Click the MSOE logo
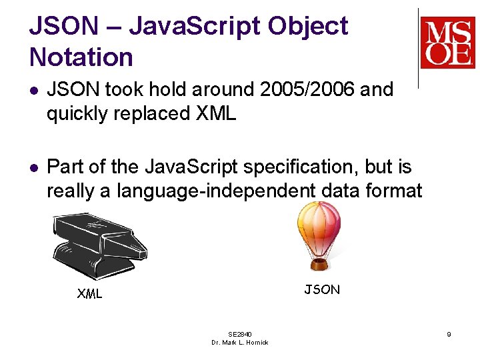coord(447,43)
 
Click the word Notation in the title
coord(81,57)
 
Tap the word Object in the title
coord(308,26)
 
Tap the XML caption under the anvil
coord(89,293)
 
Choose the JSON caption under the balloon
coord(322,289)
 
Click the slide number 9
coord(449,334)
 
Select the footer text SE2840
coord(240,334)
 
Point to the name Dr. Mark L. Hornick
coord(240,342)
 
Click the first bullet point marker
coord(34,90)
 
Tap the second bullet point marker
coord(34,167)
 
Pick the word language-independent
coord(216,191)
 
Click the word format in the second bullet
coord(397,191)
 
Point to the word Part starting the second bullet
coord(65,167)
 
